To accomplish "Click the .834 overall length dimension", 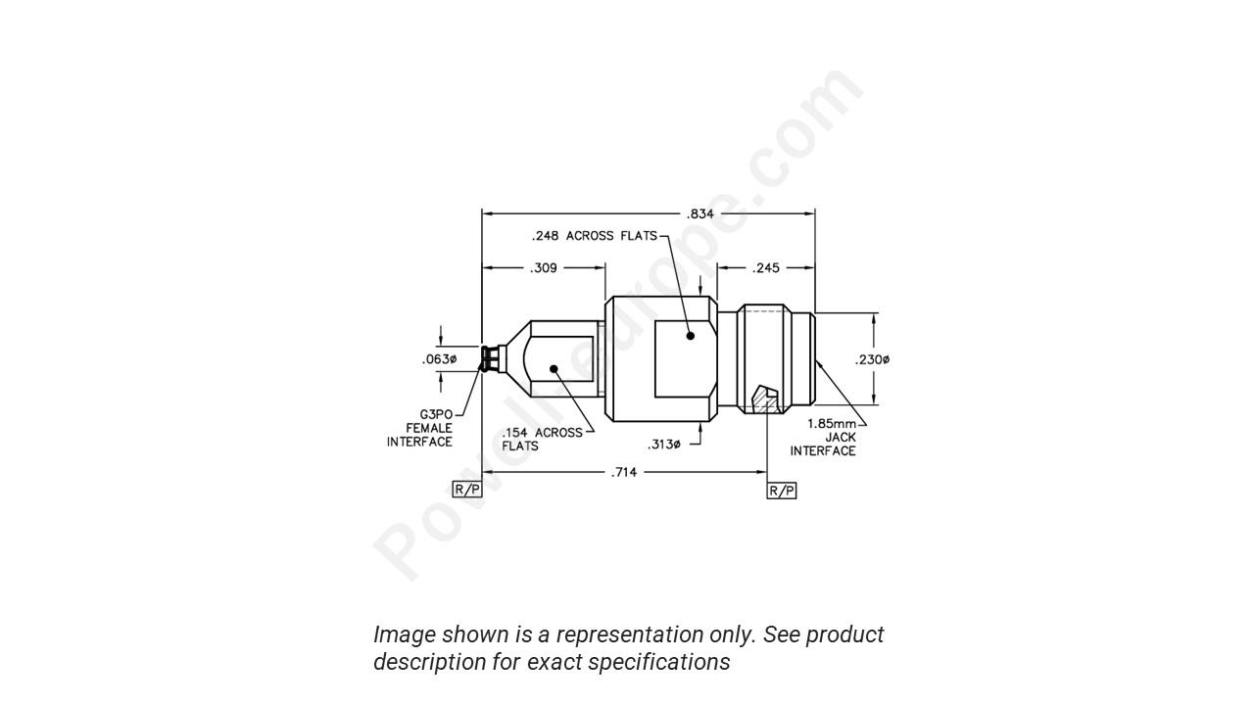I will pyautogui.click(x=699, y=213).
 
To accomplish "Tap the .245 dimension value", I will pyautogui.click(x=766, y=267).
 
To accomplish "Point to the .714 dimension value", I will pyautogui.click(x=624, y=472).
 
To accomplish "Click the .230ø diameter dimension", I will pyautogui.click(x=872, y=359).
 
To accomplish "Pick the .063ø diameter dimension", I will pyautogui.click(x=439, y=359).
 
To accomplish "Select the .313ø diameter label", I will pyautogui.click(x=663, y=445).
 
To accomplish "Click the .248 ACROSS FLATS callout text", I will pyautogui.click(x=594, y=236).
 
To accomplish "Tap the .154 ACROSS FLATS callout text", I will pyautogui.click(x=542, y=439).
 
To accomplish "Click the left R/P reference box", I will pyautogui.click(x=466, y=490).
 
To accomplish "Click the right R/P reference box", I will pyautogui.click(x=781, y=491).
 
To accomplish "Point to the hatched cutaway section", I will pyautogui.click(x=762, y=401).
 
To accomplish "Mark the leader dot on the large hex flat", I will pyautogui.click(x=691, y=336).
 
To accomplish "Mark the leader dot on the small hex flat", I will pyautogui.click(x=554, y=369).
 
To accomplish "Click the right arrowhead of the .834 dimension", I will pyautogui.click(x=810, y=213).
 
